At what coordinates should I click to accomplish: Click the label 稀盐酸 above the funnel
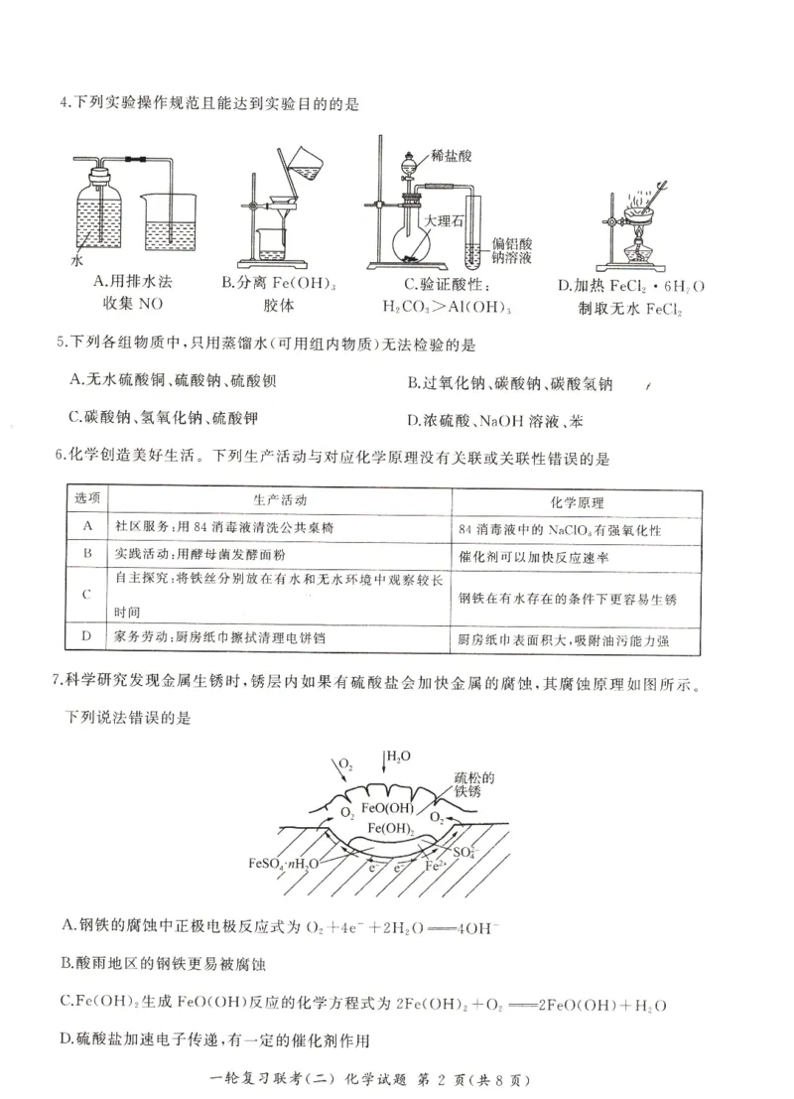click(x=453, y=157)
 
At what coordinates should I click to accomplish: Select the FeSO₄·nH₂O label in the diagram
click(x=284, y=863)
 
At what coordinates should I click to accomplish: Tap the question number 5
click(x=62, y=344)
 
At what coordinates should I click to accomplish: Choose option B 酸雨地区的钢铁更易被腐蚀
click(x=166, y=963)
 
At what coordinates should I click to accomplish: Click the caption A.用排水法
click(x=132, y=284)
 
